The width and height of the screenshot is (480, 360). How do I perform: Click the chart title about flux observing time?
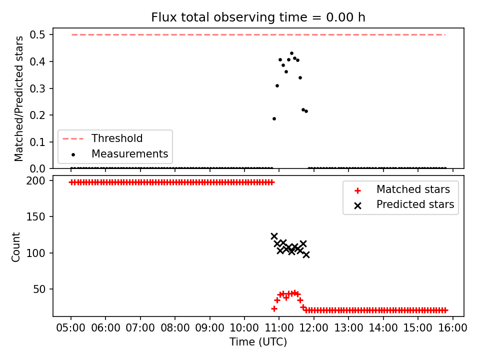258,17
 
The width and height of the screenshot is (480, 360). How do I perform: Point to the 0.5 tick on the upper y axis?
37,34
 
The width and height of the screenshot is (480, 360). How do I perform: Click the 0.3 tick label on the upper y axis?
37,88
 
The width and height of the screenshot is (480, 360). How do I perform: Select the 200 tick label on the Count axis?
35,181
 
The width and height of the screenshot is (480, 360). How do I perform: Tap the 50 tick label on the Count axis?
39,289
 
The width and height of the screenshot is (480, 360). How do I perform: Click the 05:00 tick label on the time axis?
71,328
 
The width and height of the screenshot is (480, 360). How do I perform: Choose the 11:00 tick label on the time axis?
279,328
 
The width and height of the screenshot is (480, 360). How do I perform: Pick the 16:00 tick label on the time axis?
452,328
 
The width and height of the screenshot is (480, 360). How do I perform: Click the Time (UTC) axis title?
258,341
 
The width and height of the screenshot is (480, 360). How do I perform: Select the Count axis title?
15,247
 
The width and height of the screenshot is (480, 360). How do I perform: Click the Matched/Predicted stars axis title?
18,98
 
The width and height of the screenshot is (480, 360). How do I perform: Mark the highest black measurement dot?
291,53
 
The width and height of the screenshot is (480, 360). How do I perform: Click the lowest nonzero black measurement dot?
274,119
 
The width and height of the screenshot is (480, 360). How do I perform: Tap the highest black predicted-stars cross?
274,236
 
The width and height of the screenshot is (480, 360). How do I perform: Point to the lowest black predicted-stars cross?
306,254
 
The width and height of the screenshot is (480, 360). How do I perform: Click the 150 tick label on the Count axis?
35,216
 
